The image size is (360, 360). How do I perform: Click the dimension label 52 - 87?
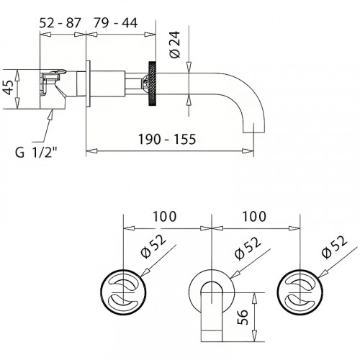[60, 23]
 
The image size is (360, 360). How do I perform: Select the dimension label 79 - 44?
[115, 23]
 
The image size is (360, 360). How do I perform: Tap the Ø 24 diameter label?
[175, 45]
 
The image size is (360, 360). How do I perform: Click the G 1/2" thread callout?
[37, 152]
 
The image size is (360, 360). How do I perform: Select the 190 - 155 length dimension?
[167, 139]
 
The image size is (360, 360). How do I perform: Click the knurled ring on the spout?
[153, 84]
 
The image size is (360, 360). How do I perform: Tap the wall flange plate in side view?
[88, 84]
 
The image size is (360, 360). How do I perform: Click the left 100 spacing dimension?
[165, 216]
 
